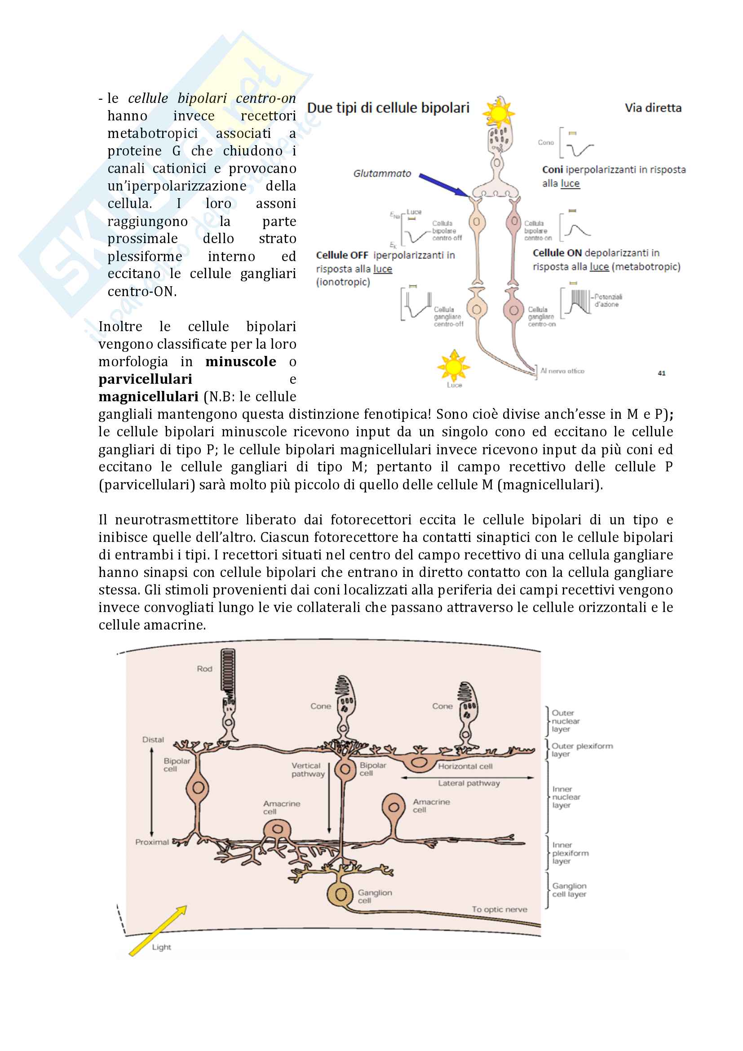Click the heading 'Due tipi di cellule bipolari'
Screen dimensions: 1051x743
[388, 108]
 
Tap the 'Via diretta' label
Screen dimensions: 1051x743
[653, 108]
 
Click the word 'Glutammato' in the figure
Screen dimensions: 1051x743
[382, 173]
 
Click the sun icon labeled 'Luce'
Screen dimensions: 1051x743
[453, 366]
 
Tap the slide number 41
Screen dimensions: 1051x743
[662, 373]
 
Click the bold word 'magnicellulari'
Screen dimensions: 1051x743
[148, 396]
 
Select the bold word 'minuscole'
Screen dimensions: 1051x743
[241, 362]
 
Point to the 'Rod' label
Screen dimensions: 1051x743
[204, 669]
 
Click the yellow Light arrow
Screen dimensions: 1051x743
[158, 931]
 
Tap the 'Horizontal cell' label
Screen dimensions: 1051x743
[465, 766]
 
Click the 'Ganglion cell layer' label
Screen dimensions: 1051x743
[569, 890]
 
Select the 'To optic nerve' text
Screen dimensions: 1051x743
[500, 909]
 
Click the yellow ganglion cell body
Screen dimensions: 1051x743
[341, 894]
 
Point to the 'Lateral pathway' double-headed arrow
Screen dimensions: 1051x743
[468, 777]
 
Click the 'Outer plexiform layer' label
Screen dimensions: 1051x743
[581, 749]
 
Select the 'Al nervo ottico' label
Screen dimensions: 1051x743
[562, 371]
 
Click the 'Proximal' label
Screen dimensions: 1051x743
[152, 842]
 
